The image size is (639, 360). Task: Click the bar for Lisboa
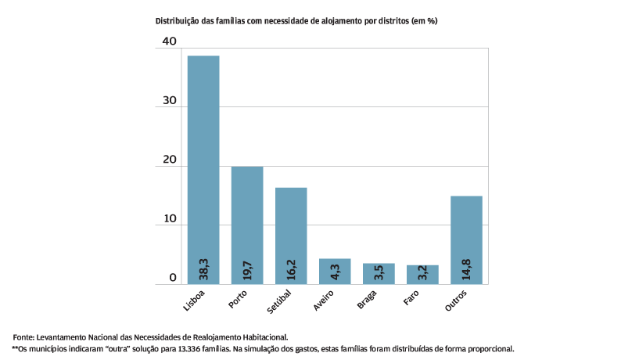click(x=203, y=157)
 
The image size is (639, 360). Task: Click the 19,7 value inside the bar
click(x=248, y=270)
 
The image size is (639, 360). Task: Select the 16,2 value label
click(x=292, y=270)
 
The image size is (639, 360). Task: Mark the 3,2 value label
click(x=423, y=273)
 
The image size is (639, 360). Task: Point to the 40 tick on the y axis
click(x=168, y=41)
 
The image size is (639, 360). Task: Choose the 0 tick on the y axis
click(x=173, y=278)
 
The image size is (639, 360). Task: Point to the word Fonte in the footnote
click(x=24, y=337)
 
